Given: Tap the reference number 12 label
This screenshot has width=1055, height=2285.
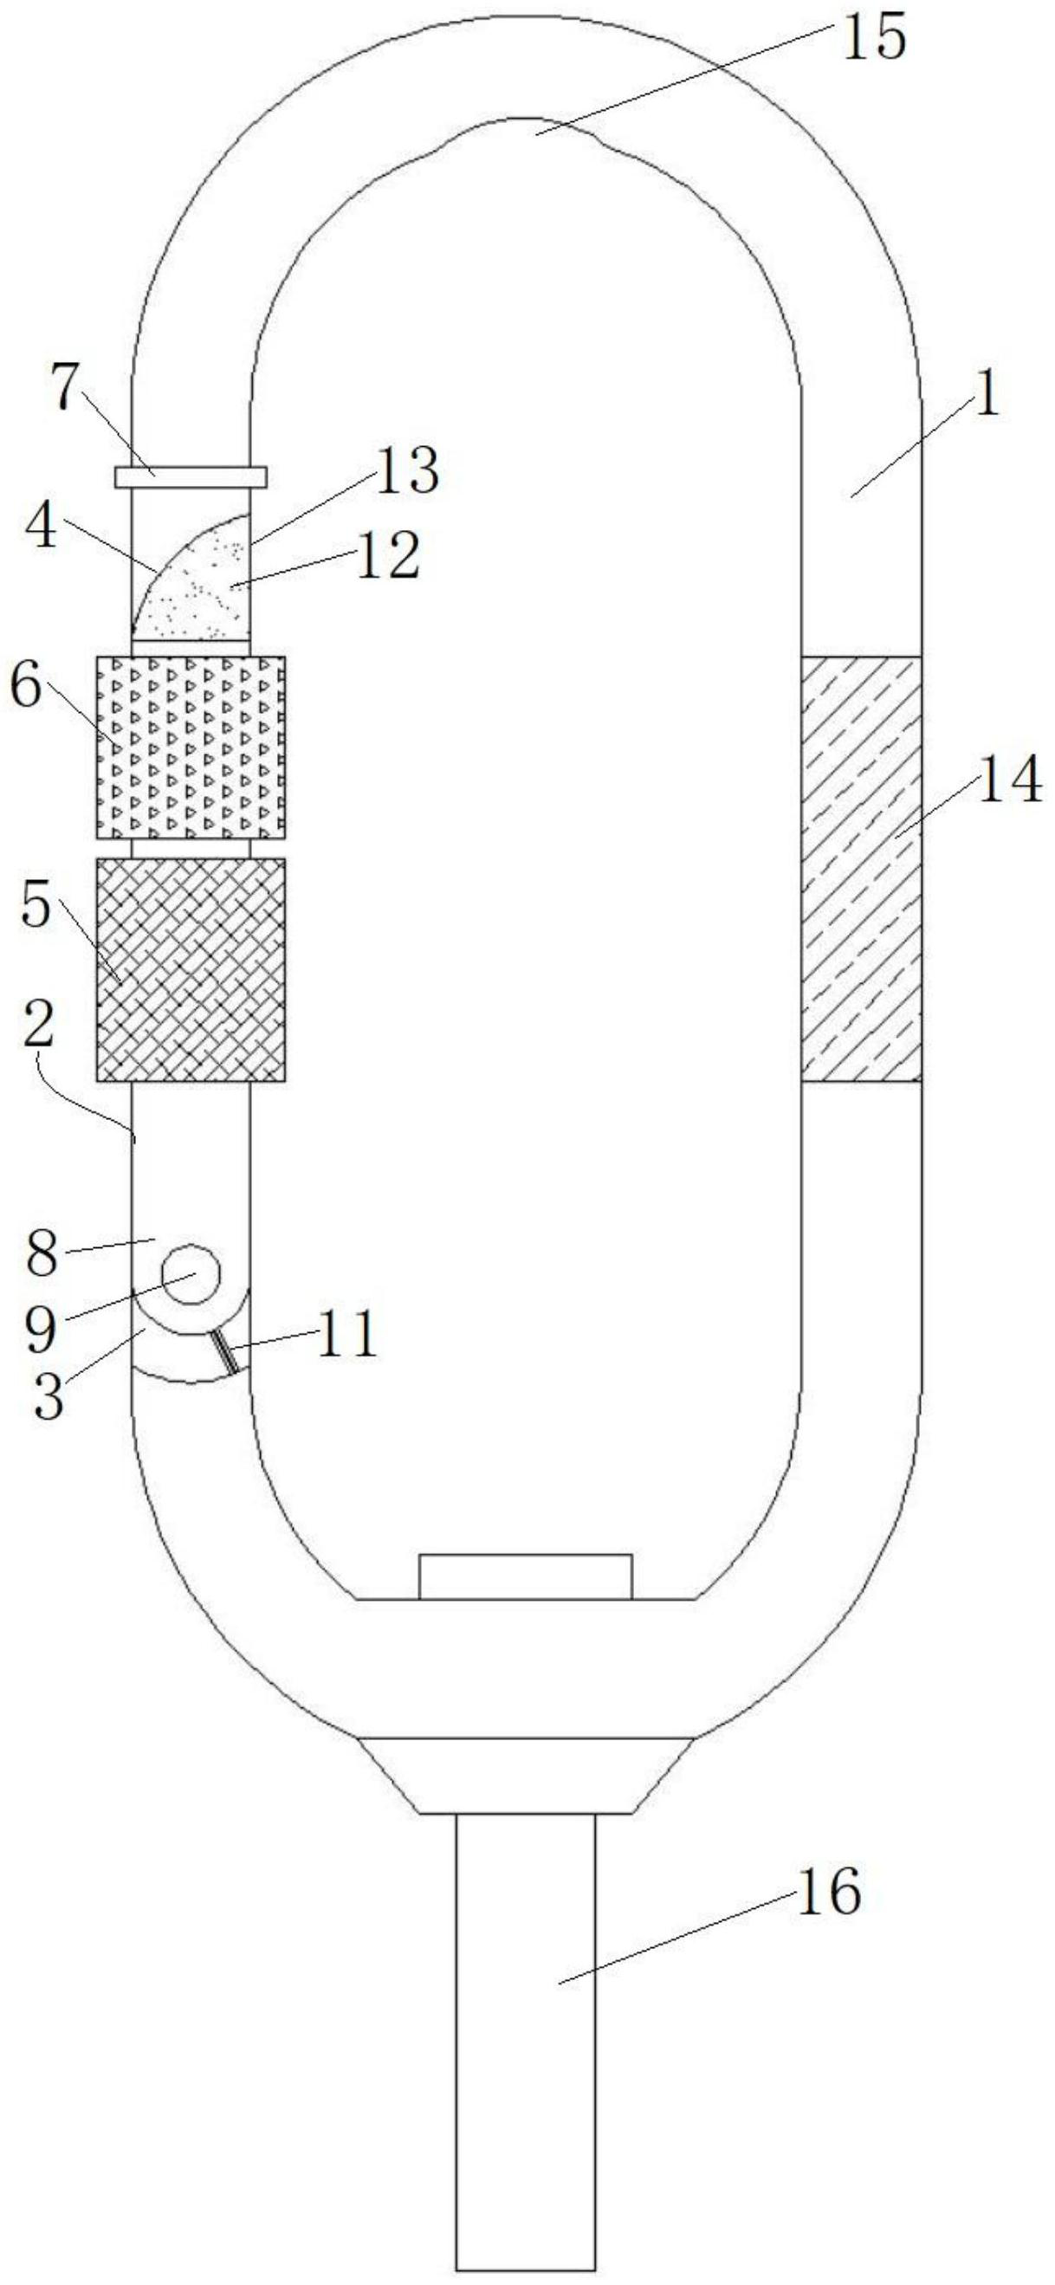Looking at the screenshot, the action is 388,556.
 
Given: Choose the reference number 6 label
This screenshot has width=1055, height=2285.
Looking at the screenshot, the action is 27,689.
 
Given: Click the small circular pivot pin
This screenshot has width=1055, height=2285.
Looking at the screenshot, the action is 190,1274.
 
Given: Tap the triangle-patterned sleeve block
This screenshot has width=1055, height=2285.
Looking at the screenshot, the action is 191,747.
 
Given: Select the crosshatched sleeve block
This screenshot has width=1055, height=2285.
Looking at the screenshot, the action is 191,969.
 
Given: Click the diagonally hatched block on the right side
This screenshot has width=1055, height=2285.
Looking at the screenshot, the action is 861,869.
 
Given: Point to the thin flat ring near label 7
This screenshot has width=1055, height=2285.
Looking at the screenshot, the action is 191,476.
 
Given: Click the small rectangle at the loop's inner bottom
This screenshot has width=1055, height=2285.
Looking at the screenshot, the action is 525,1576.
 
